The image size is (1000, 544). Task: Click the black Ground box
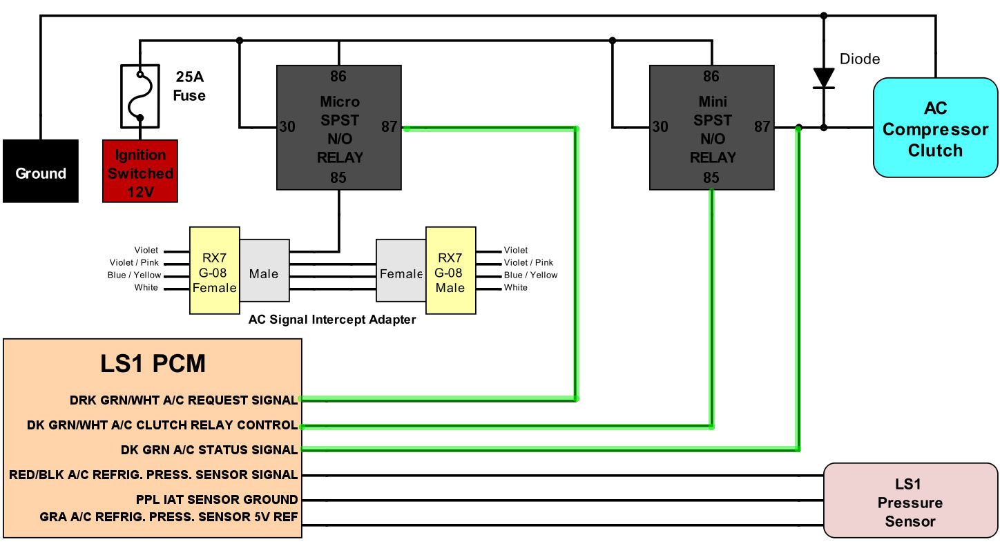tap(40, 171)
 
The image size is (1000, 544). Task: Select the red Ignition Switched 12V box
tap(140, 171)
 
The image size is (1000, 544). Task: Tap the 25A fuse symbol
tap(140, 96)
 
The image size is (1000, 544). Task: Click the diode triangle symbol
tap(823, 77)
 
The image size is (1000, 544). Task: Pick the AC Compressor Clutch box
tap(935, 129)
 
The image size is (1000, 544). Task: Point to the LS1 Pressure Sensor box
tap(910, 503)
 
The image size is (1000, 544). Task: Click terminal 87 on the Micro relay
tap(390, 126)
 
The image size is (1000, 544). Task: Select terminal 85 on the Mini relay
tap(711, 178)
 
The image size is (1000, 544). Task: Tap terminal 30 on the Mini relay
tap(660, 126)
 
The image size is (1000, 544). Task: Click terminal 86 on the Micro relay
tap(338, 76)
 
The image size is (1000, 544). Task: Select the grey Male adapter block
tap(264, 274)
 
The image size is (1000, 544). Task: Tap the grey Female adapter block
tap(401, 274)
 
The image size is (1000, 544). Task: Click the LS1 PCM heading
tap(153, 363)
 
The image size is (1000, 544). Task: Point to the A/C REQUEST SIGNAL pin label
tap(184, 400)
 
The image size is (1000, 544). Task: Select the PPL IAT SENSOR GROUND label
tap(217, 499)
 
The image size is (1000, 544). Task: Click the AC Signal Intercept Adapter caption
tap(332, 320)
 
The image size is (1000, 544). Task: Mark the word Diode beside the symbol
tap(860, 59)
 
